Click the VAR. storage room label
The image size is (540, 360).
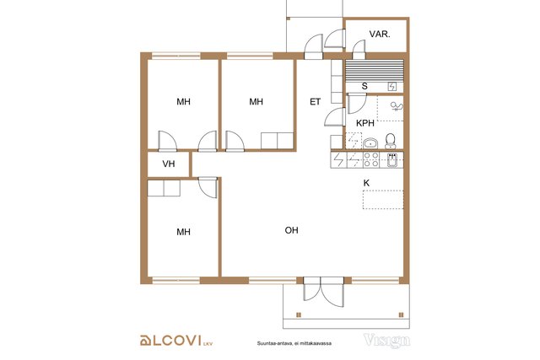click(x=380, y=34)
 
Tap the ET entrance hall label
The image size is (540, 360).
click(x=315, y=101)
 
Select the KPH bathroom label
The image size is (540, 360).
click(x=365, y=123)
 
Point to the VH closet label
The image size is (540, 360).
click(x=169, y=164)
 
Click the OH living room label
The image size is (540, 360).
click(x=291, y=230)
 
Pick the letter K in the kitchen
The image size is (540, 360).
click(x=366, y=183)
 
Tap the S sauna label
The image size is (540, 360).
click(x=364, y=86)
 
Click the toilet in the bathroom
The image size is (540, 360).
click(x=390, y=141)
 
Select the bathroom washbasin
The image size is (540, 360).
click(x=370, y=143)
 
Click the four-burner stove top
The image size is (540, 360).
click(x=371, y=159)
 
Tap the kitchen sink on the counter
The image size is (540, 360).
click(x=391, y=160)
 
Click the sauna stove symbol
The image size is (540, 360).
click(x=392, y=86)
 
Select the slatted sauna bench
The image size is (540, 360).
click(x=375, y=70)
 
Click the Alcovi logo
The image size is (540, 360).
click(x=176, y=341)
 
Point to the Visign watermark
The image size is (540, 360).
click(x=386, y=340)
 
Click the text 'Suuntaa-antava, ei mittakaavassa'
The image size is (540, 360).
click(x=294, y=343)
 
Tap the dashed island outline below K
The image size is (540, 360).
click(x=383, y=200)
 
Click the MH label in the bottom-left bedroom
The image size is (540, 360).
click(x=183, y=232)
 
